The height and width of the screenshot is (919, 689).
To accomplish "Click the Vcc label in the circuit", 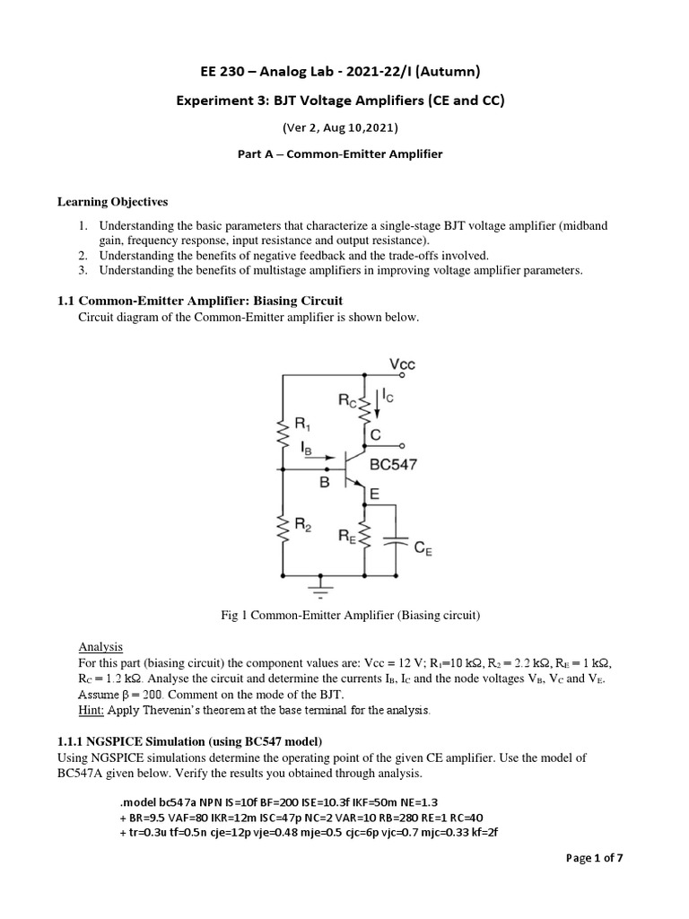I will [x=402, y=363].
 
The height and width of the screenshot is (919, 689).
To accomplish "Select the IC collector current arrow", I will [x=378, y=403].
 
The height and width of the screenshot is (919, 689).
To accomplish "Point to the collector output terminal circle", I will [x=402, y=446].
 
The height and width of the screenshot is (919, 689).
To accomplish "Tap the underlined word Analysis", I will [x=100, y=647].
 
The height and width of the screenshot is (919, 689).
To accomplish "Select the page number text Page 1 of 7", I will [x=595, y=858].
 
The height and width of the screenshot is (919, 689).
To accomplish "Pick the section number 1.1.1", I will [x=75, y=740].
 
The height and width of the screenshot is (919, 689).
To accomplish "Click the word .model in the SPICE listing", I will [x=138, y=801].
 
